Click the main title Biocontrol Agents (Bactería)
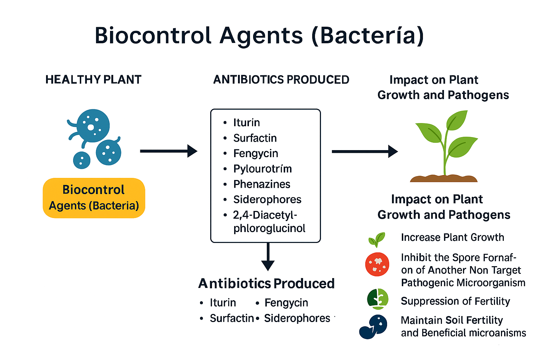pos(259,36)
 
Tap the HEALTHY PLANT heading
pos(93,80)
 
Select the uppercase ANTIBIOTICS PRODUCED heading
pos(281,80)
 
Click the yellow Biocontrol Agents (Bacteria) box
pos(94,198)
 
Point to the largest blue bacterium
pos(93,126)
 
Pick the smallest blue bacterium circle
pos(82,160)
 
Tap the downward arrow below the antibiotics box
pos(268,257)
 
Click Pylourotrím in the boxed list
pos(262,169)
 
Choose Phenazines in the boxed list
pos(262,184)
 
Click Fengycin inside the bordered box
pos(256,153)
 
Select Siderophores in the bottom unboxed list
pos(297,318)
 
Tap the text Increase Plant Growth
pos(452,237)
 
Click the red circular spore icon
pos(377,264)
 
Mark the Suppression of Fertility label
pos(455,301)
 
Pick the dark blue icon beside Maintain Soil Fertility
pos(374,327)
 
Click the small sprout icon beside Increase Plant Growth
pos(377,240)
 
